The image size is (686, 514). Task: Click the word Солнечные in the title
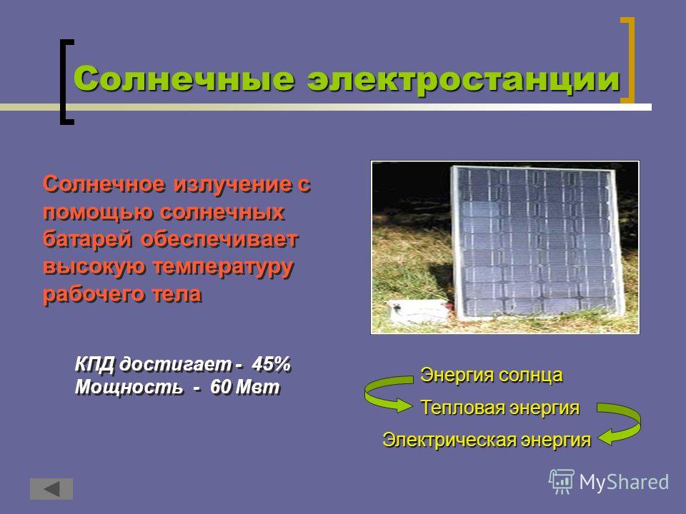click(x=184, y=79)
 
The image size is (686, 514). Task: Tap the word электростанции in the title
click(x=464, y=79)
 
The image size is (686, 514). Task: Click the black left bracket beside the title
click(x=66, y=82)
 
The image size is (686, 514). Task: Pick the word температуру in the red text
click(x=223, y=268)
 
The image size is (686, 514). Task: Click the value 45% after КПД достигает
click(x=272, y=364)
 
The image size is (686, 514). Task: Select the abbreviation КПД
click(x=94, y=365)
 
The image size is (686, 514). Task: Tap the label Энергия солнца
click(x=492, y=376)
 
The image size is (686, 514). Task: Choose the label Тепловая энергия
click(x=500, y=408)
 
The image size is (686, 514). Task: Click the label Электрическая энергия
click(x=487, y=440)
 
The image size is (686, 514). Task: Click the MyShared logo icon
click(x=562, y=482)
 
